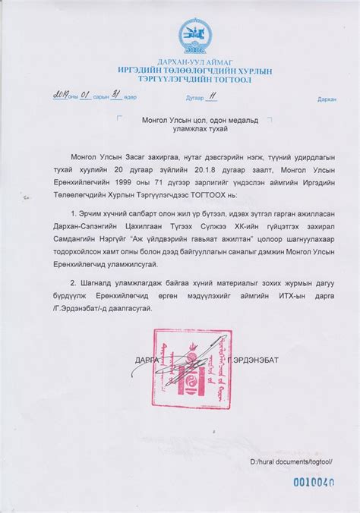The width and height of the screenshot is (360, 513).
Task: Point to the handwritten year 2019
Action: (62, 95)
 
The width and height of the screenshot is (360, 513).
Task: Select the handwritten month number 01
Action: (86, 95)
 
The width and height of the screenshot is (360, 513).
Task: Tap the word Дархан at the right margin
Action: (327, 99)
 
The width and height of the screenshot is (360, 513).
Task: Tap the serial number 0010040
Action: (314, 481)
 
